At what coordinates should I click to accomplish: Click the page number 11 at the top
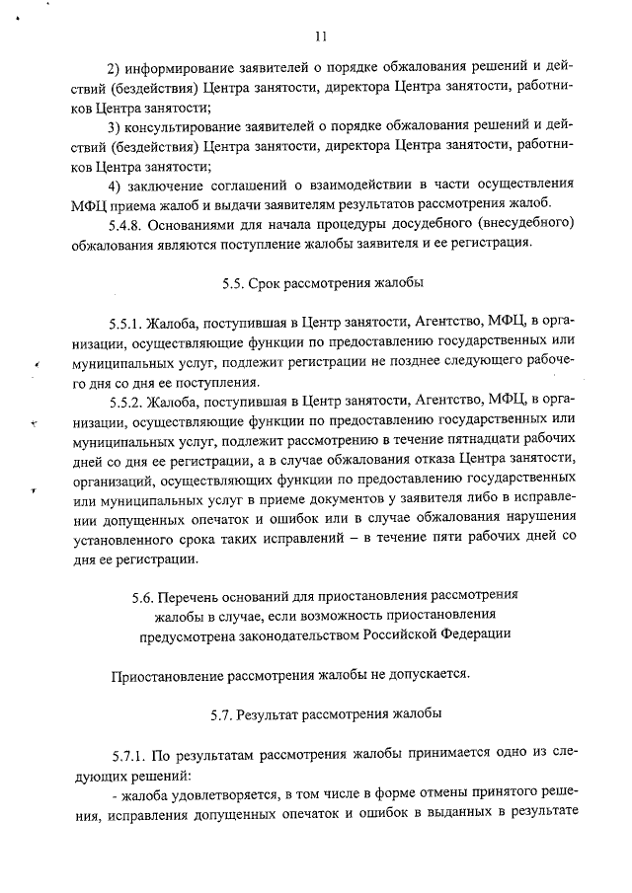click(x=320, y=37)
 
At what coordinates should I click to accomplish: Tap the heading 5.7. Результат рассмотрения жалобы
click(x=322, y=712)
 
